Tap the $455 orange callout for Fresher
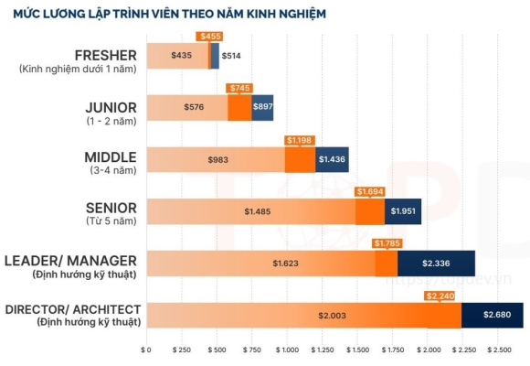tap(209, 36)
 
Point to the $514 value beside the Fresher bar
tap(232, 56)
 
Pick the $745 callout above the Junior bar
tap(239, 88)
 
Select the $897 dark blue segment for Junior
tap(262, 108)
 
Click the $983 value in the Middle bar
tap(216, 160)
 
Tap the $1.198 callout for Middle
tap(299, 140)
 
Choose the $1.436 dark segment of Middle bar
tap(331, 160)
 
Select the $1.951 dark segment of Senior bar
tap(403, 211)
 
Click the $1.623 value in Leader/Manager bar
tap(285, 264)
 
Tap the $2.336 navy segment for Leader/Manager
tap(436, 264)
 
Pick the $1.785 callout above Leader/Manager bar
tap(387, 243)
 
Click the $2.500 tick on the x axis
tap(498, 350)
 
